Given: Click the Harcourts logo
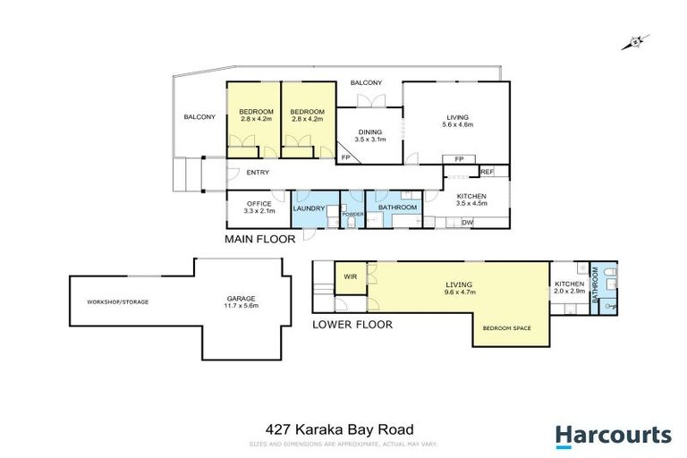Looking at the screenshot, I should pos(613,436).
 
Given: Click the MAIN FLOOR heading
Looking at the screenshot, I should pos(260,240).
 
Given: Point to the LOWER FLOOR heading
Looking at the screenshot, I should pos(352,325).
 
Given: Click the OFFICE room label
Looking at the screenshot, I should pos(259,204).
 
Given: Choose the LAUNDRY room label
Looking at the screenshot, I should pos(309,208).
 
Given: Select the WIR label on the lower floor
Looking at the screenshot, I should pos(350,277).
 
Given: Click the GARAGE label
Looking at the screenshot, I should pos(242,298).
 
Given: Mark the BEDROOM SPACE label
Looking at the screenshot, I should pos(507,328).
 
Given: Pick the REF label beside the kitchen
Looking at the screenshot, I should pos(488,171).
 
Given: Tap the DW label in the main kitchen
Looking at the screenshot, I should pos(467,223).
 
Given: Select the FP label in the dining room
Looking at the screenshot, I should pos(346,157).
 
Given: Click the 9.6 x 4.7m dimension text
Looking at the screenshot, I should pos(460,293).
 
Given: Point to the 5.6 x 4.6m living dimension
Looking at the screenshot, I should pos(458,124).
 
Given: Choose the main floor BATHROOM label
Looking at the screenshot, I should pos(398,208).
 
